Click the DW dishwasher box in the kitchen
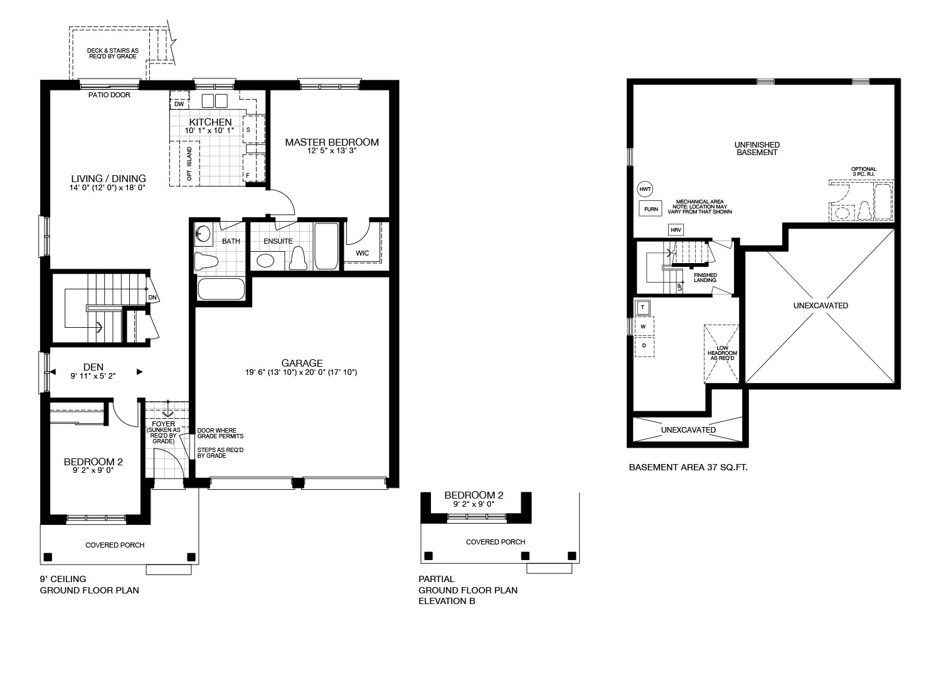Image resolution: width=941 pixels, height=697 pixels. tap(179, 104)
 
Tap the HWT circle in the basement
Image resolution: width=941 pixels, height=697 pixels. tap(645, 189)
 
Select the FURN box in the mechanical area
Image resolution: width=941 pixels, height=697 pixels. tap(651, 209)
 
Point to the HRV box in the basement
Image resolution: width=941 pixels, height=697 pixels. tap(676, 230)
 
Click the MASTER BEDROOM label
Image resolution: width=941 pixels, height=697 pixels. tap(332, 143)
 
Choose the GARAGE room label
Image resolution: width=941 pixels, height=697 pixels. tap(302, 363)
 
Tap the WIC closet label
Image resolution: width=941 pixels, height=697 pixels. tap(363, 253)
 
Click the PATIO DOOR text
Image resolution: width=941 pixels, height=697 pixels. tap(109, 95)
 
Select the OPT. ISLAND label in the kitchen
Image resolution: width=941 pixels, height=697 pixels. tap(189, 163)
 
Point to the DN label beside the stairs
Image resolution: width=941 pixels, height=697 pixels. tap(152, 298)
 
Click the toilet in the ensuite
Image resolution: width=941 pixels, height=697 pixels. tap(298, 258)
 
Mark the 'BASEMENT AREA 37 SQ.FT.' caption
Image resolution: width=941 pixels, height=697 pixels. tap(688, 468)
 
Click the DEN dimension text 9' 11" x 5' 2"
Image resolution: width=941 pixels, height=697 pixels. tap(93, 376)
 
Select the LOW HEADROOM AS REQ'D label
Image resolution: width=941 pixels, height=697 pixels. tap(722, 353)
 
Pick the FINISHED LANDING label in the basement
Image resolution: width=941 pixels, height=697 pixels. tap(705, 278)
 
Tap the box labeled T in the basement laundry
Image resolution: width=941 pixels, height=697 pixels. tap(643, 307)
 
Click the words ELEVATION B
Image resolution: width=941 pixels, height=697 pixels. tap(447, 601)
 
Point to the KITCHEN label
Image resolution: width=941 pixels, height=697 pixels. tap(210, 122)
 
